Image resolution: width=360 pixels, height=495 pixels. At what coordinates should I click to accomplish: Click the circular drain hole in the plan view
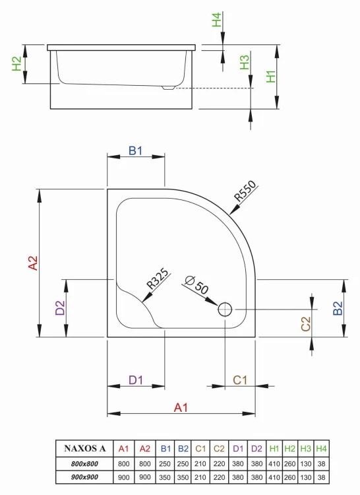coord(225,308)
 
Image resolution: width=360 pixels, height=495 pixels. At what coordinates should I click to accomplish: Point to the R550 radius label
coord(244,191)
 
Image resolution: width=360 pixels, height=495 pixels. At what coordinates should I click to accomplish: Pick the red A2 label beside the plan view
coord(32,263)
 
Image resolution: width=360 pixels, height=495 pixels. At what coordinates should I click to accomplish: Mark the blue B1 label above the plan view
coord(135,151)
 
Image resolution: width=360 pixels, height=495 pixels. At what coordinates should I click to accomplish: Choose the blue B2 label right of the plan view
coord(338,308)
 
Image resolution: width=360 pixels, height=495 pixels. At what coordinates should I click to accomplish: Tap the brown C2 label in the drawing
coord(306,323)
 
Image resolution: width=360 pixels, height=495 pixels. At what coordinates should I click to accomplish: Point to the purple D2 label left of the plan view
coord(60,308)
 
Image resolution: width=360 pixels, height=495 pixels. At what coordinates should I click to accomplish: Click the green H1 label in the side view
coord(271,77)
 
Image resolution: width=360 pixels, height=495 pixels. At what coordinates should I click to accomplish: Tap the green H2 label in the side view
coord(18,65)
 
